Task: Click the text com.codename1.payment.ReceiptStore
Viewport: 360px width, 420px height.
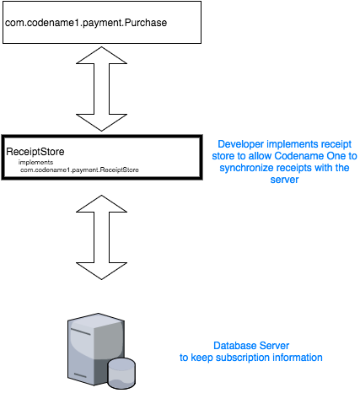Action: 80,170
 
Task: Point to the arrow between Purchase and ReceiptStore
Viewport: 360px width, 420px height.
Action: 101,87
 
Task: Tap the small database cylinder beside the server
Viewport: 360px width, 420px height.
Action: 121,372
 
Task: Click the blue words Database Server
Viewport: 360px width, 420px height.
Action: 251,346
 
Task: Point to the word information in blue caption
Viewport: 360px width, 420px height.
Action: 297,358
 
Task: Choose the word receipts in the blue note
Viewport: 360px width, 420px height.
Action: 301,168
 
